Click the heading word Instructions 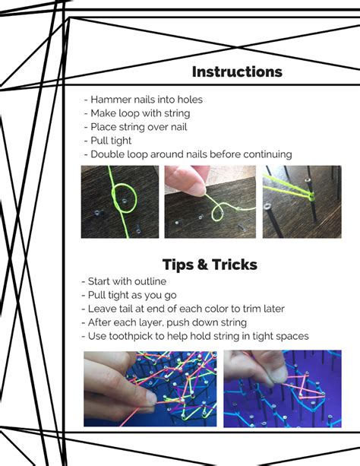pyautogui.click(x=237, y=72)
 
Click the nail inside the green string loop pyautogui.click(x=125, y=201)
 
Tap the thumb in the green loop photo pyautogui.click(x=187, y=181)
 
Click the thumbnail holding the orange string pyautogui.click(x=151, y=398)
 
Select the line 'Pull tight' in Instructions pyautogui.click(x=108, y=141)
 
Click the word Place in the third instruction pyautogui.click(x=103, y=127)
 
